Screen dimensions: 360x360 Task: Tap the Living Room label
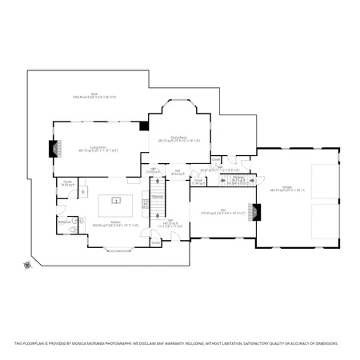tap(98, 148)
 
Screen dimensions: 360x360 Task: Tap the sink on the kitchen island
tap(116, 201)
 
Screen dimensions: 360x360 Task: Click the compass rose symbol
tap(28, 265)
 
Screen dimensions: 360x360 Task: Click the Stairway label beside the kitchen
tap(158, 196)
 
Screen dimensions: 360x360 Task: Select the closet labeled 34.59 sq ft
tap(67, 184)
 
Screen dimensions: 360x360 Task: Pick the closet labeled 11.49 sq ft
tap(197, 182)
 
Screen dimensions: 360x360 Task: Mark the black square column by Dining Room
tap(144, 125)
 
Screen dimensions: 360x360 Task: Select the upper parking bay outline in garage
tap(323, 177)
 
